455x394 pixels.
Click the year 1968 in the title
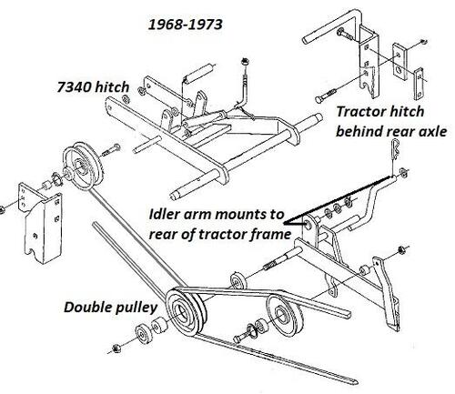tap(166, 25)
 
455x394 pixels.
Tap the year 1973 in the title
tap(205, 25)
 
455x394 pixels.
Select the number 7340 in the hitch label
tap(75, 87)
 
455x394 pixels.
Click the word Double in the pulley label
tap(88, 308)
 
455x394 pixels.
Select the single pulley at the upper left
tap(83, 167)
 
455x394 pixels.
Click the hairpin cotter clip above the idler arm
tap(394, 149)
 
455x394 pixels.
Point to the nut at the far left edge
tap(2, 209)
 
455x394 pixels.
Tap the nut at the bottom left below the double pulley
tap(116, 349)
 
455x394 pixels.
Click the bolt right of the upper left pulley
tap(111, 150)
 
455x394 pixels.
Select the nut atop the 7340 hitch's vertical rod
tap(245, 62)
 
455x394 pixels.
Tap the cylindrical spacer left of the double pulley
tap(159, 326)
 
